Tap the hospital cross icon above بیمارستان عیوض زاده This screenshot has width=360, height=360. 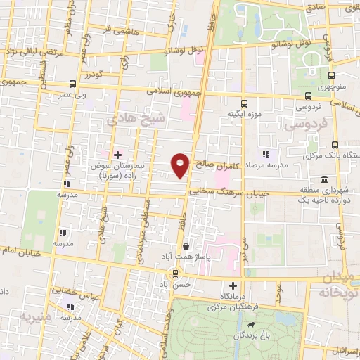click(x=117, y=154)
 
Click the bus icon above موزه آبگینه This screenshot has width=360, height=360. click(x=244, y=101)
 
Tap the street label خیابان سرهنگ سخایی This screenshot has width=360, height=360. click(x=224, y=193)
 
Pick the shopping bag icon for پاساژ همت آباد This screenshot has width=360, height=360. click(x=186, y=247)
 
